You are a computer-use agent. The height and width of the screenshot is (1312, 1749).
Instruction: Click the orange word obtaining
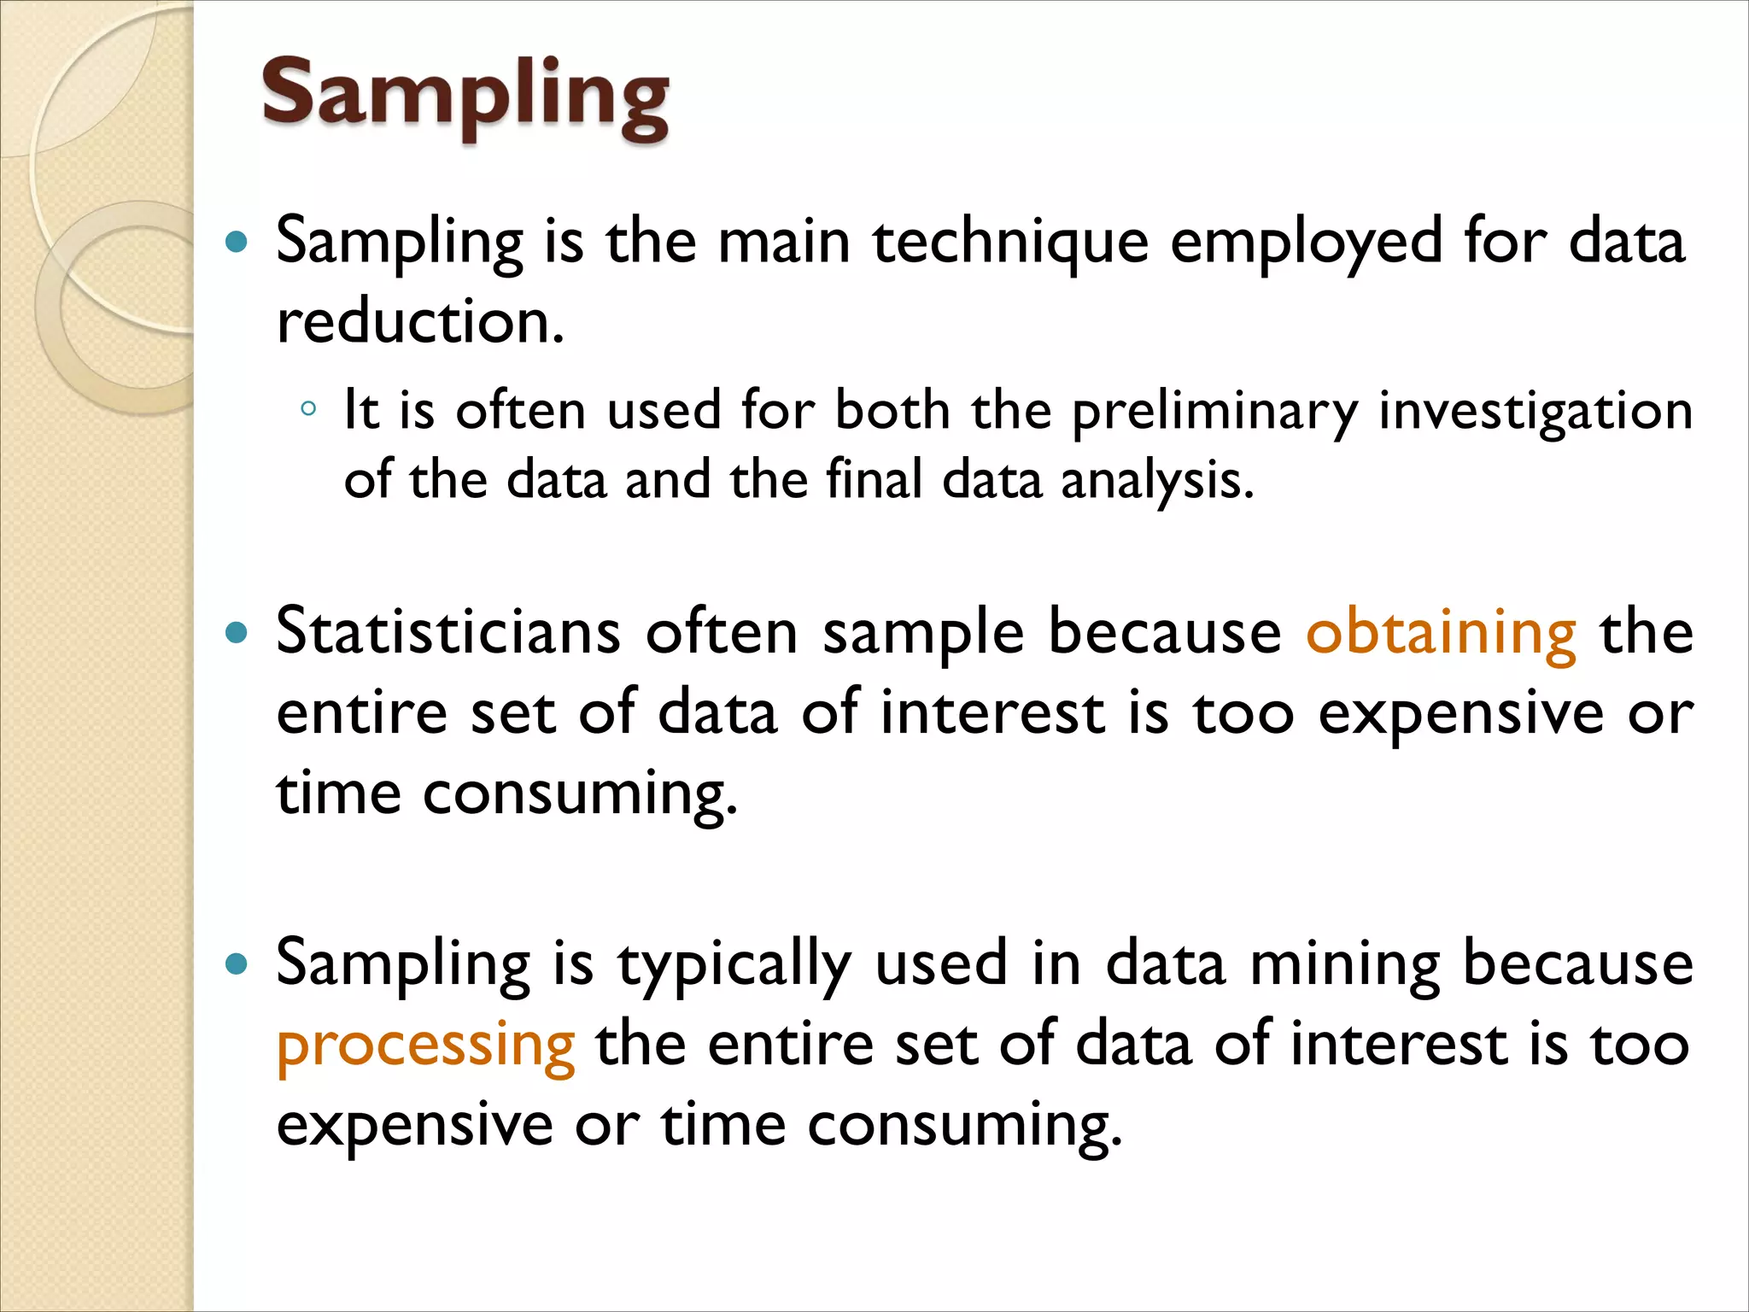1441,633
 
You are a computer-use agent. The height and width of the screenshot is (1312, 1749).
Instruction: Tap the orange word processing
425,1045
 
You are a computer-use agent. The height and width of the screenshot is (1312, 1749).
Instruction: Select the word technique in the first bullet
1009,243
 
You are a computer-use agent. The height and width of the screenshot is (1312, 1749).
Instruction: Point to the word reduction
419,323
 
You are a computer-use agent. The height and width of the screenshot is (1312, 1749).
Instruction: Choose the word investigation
1535,412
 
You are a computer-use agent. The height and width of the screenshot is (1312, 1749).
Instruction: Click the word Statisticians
448,633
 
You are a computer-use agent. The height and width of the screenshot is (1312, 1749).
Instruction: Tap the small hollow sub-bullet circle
308,409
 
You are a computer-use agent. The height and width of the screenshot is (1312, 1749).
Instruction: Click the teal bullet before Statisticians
236,634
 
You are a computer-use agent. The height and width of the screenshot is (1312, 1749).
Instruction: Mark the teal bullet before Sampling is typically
236,965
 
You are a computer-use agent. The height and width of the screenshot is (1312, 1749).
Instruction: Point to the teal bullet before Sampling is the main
236,243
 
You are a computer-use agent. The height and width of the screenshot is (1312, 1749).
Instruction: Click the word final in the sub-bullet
874,479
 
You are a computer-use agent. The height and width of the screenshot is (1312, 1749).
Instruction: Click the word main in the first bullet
783,243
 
